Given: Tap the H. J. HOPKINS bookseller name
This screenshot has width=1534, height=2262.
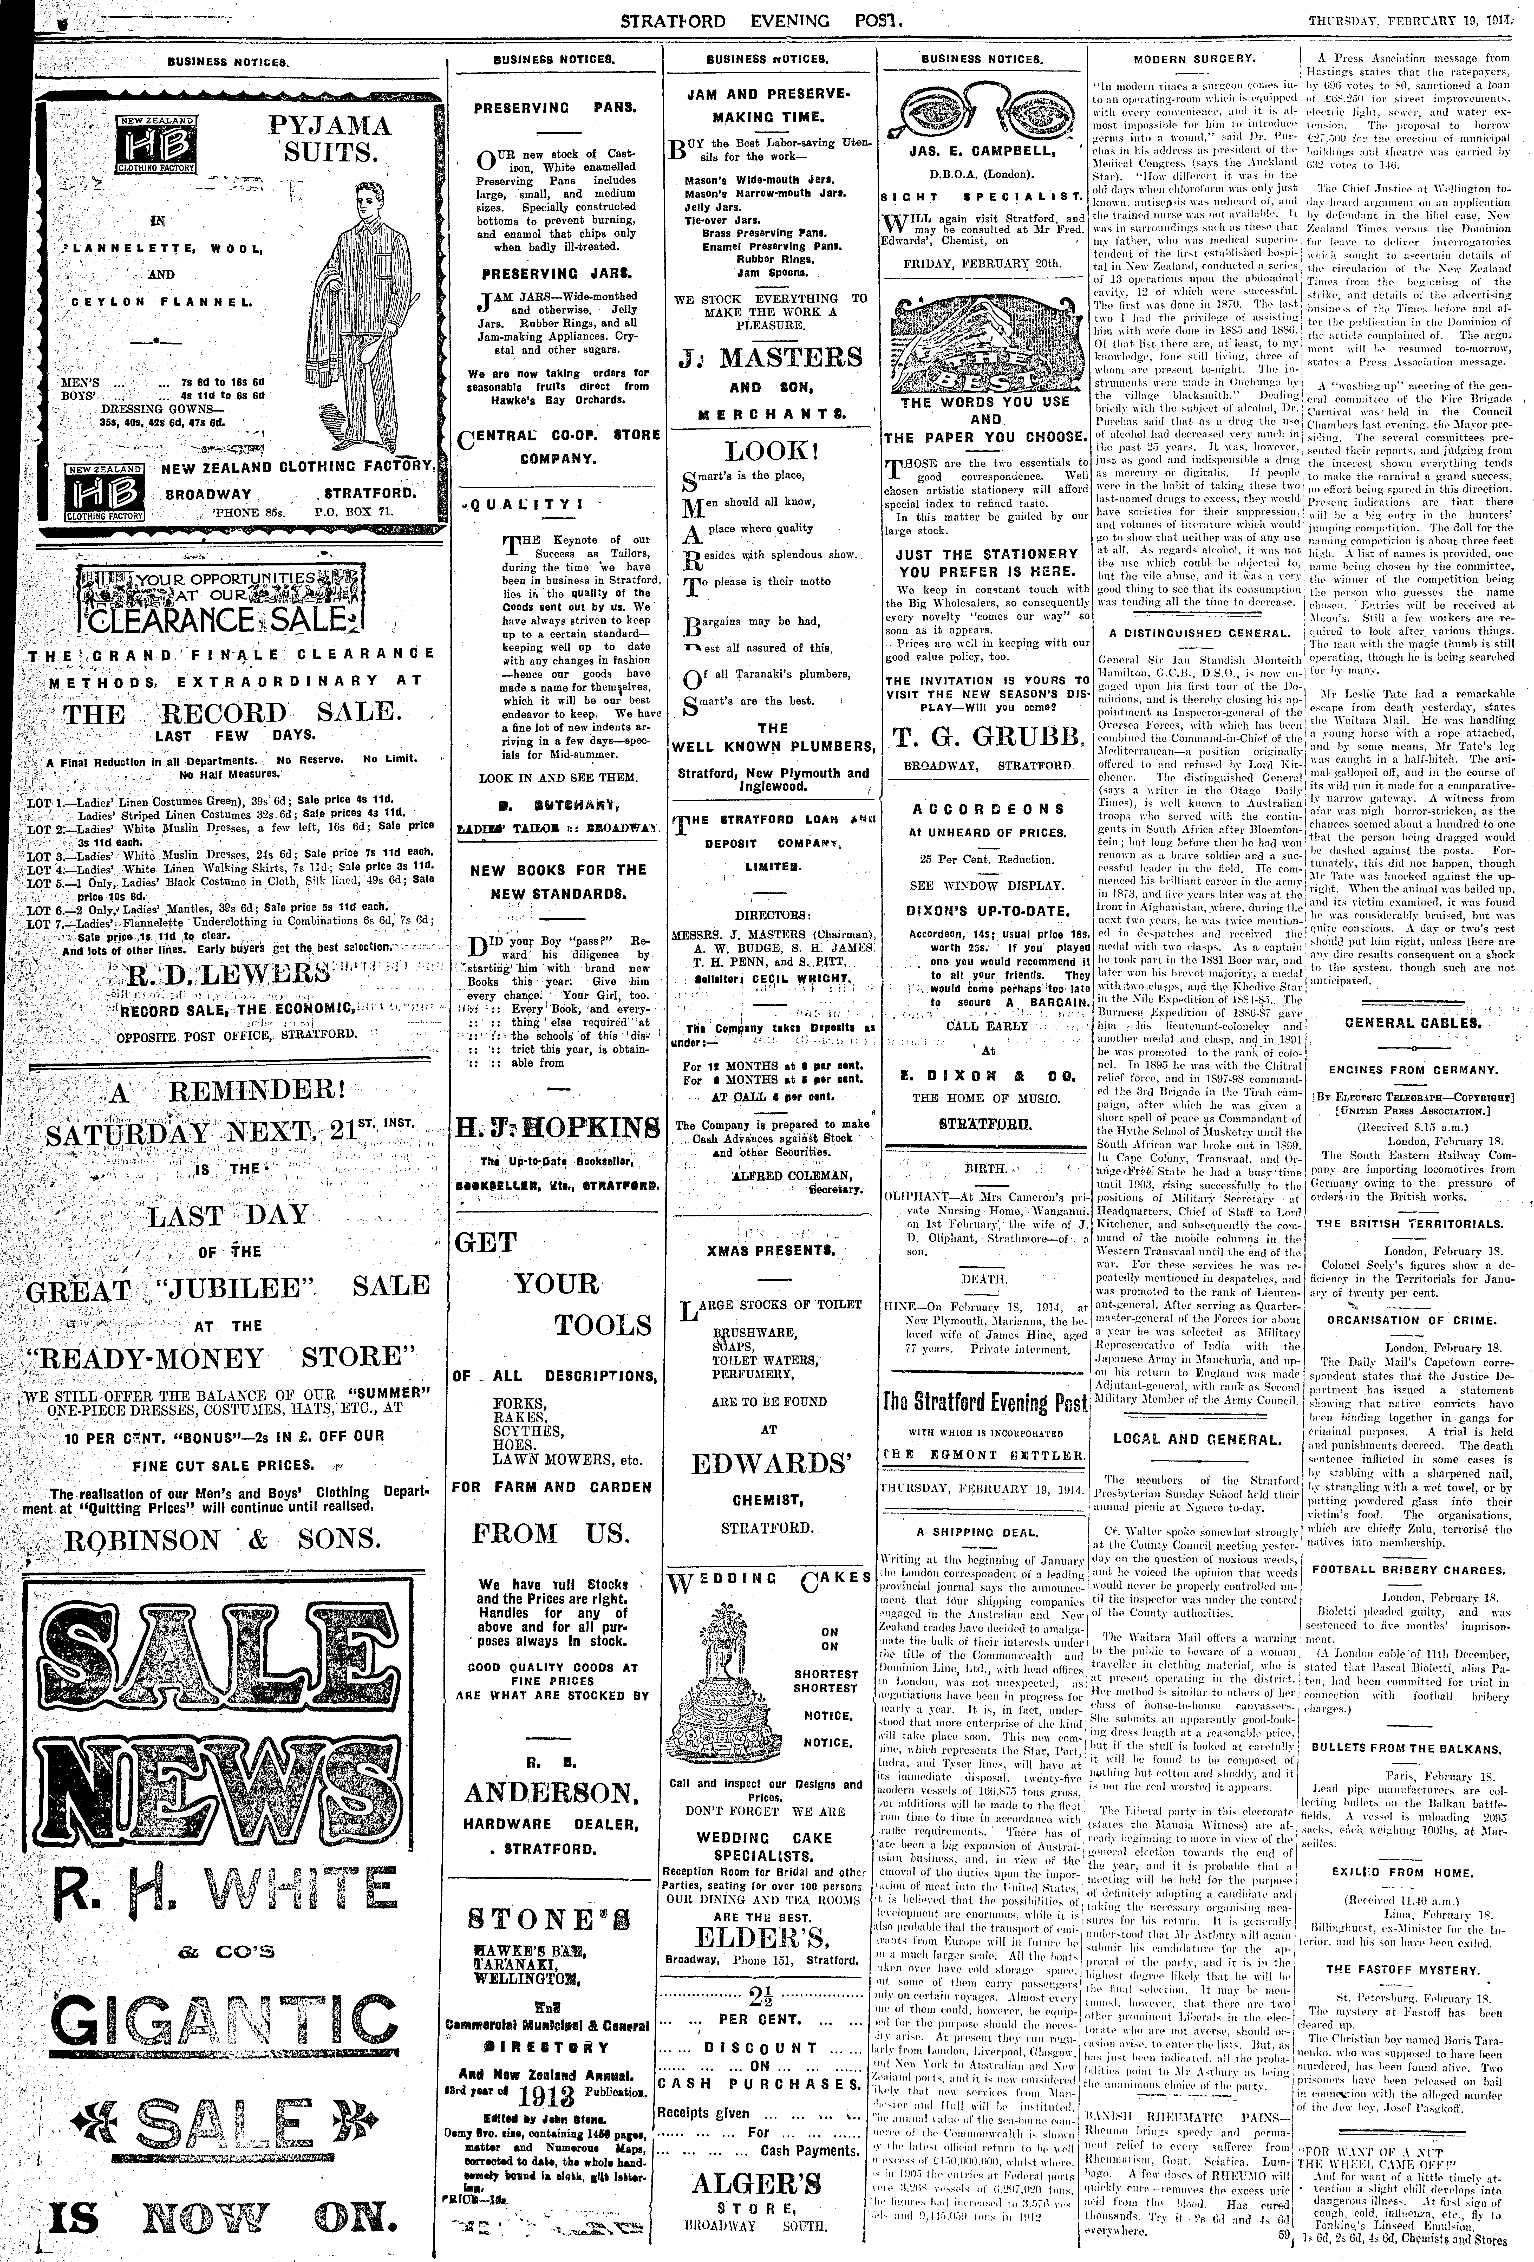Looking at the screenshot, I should coord(556,1129).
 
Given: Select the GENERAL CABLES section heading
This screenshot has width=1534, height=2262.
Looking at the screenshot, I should coord(1411,1023).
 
